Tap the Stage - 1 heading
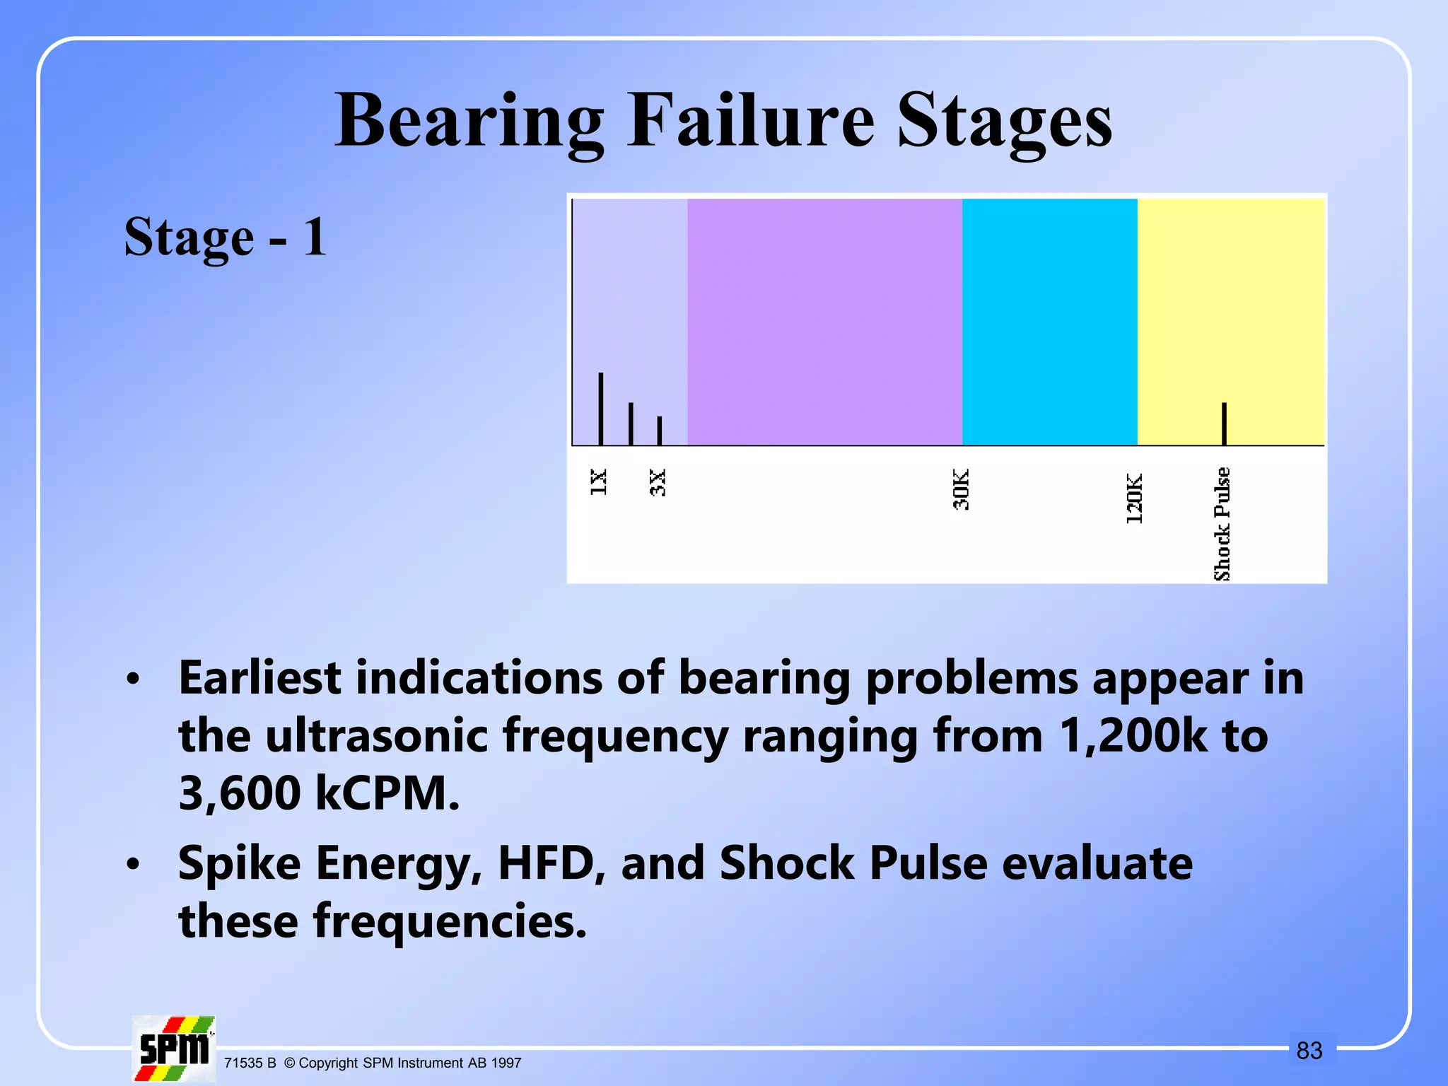click(x=225, y=237)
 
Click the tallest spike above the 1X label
click(x=601, y=409)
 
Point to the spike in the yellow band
click(x=1224, y=424)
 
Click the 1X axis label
click(x=598, y=482)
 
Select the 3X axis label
click(x=658, y=482)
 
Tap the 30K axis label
click(x=961, y=489)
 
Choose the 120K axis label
click(x=1134, y=498)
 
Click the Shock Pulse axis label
click(x=1222, y=524)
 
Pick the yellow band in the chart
click(x=1230, y=297)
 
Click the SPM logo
click(x=174, y=1049)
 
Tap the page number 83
click(x=1309, y=1051)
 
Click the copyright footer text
click(x=373, y=1063)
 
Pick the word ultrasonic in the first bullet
click(x=376, y=735)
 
